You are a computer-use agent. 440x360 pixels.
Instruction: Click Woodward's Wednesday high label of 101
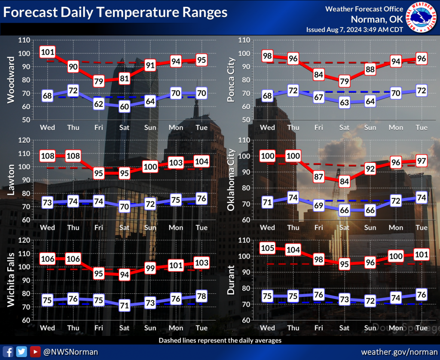click(47, 52)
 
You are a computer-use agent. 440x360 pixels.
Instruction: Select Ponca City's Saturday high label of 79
click(344, 80)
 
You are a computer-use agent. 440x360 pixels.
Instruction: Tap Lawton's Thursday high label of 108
click(73, 156)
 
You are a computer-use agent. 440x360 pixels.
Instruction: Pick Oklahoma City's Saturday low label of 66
click(344, 211)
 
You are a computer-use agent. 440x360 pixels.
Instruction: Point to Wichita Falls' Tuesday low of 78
click(202, 296)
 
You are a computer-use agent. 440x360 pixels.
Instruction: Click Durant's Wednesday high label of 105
click(267, 248)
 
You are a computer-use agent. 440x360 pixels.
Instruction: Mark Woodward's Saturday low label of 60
click(124, 107)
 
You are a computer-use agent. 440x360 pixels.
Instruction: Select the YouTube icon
click(35, 351)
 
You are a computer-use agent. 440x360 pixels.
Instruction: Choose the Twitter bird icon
click(22, 351)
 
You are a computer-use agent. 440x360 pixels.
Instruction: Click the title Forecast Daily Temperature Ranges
click(115, 12)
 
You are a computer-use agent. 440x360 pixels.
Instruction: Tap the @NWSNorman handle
click(70, 352)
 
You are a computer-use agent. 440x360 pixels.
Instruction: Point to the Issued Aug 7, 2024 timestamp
click(354, 30)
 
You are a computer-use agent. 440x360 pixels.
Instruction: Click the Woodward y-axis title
click(11, 80)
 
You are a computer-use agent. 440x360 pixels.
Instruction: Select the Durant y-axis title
click(231, 280)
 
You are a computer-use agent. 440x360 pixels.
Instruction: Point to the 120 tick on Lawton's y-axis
click(24, 140)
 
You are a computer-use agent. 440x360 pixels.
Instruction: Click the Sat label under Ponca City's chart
click(344, 128)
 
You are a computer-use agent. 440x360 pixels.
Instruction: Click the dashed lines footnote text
click(220, 340)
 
